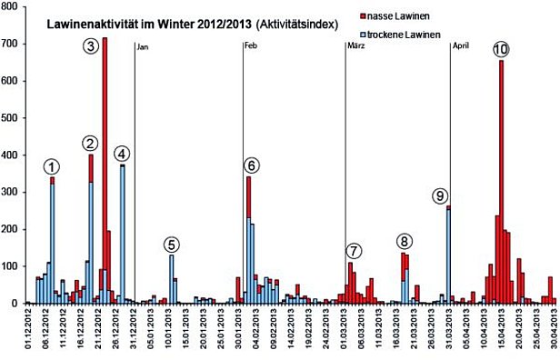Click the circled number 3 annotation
point(90,45)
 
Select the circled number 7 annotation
point(354,251)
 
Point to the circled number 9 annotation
point(440,195)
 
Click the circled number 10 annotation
point(500,49)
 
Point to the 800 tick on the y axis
point(12,7)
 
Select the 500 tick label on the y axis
point(12,118)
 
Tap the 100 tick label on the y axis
point(12,266)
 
